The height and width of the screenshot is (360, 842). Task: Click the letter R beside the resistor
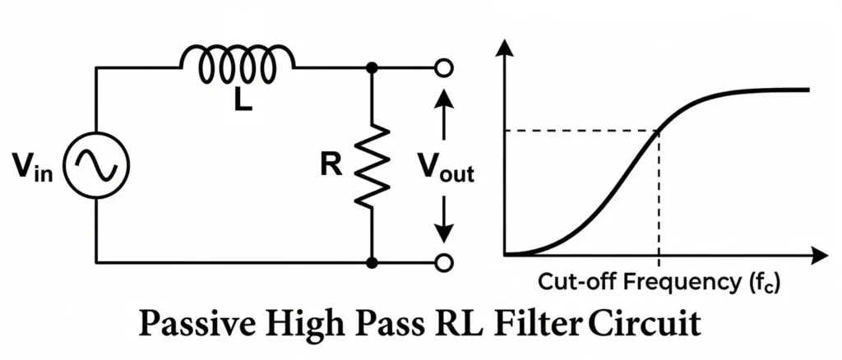[331, 164]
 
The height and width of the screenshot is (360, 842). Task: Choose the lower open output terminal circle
[444, 262]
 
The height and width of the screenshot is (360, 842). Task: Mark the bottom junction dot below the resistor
[372, 262]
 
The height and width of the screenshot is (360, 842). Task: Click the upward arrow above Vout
[444, 103]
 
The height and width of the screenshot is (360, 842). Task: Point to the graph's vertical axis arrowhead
[505, 47]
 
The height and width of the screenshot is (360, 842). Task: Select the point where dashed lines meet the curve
[658, 130]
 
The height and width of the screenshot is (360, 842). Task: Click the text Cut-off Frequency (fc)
[658, 283]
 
